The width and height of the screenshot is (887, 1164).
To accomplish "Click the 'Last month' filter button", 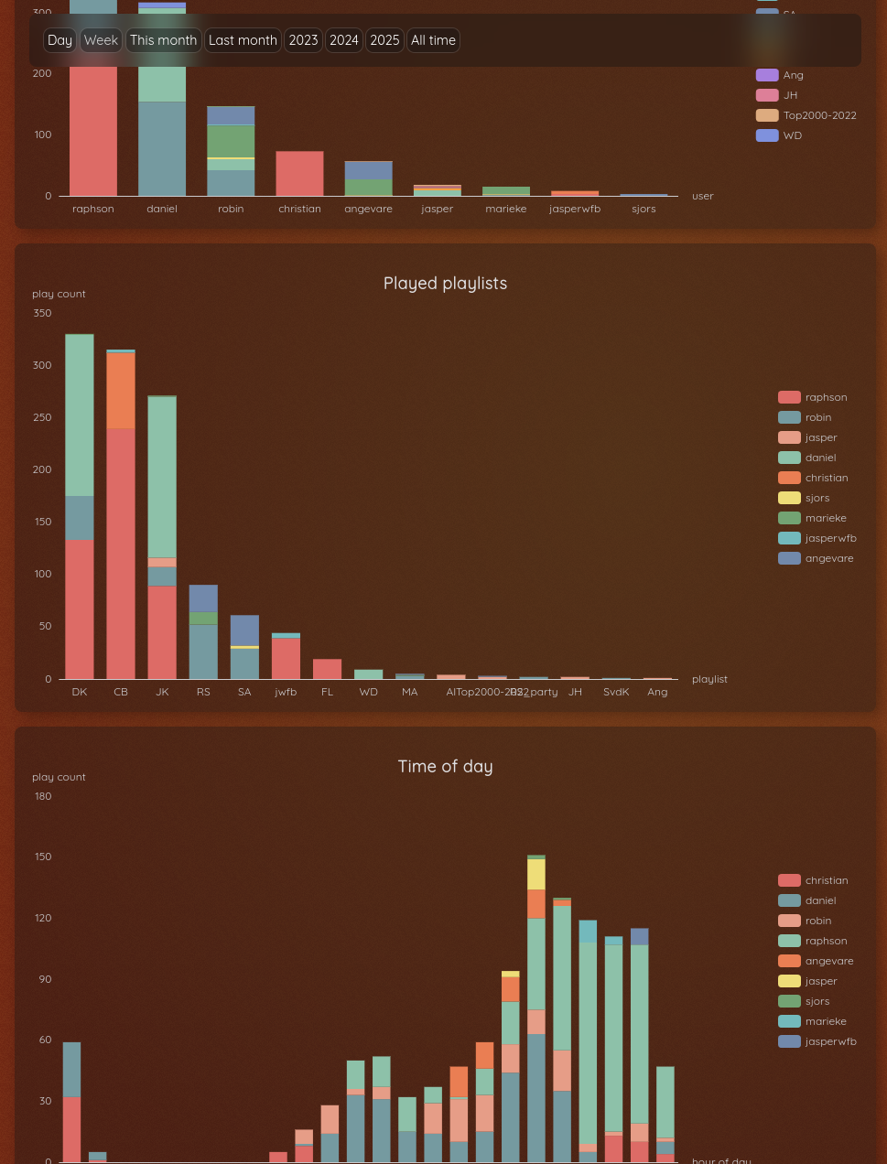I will click(243, 40).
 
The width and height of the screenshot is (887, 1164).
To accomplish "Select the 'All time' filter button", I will click(433, 40).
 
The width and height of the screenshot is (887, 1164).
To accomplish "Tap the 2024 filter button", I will click(344, 40).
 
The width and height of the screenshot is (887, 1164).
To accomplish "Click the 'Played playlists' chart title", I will click(445, 284).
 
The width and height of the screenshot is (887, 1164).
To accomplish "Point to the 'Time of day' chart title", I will click(445, 767).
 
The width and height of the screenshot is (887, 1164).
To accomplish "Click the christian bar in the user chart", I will click(299, 174).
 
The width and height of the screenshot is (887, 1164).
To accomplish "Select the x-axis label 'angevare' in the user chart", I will click(368, 209).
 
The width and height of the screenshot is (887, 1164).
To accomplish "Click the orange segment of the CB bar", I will click(121, 391).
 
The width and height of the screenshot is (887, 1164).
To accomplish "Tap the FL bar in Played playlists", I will click(327, 669).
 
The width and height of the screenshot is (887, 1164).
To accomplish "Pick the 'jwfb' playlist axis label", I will click(286, 692).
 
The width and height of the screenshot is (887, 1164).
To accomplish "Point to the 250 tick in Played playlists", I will click(42, 417).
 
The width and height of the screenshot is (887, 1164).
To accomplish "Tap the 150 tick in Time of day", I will click(42, 857).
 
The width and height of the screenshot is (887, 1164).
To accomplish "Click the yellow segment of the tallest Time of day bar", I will click(536, 874).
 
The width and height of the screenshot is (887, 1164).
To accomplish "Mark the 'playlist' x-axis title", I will click(709, 679).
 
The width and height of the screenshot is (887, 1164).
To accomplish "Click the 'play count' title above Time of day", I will click(59, 777).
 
